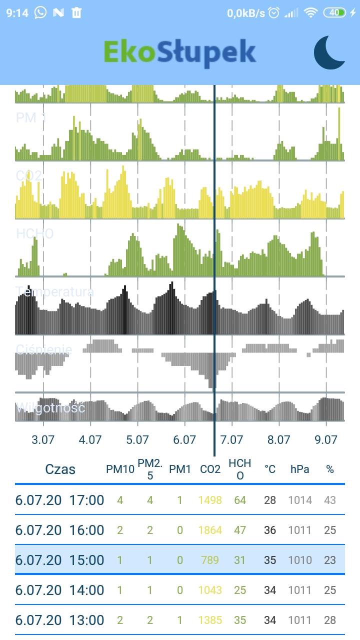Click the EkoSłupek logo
click(180, 52)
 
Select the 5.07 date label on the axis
click(137, 440)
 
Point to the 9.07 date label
click(326, 440)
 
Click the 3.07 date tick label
click(43, 440)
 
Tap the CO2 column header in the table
click(210, 469)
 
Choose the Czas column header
click(60, 469)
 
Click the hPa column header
click(300, 469)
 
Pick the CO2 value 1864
click(210, 530)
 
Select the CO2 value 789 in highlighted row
click(210, 560)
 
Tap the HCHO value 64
click(240, 500)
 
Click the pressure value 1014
click(300, 500)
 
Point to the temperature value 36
click(270, 530)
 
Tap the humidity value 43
click(330, 500)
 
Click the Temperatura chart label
click(54, 291)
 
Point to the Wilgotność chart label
click(50, 407)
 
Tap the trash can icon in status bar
click(76, 12)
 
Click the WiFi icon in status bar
click(311, 12)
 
